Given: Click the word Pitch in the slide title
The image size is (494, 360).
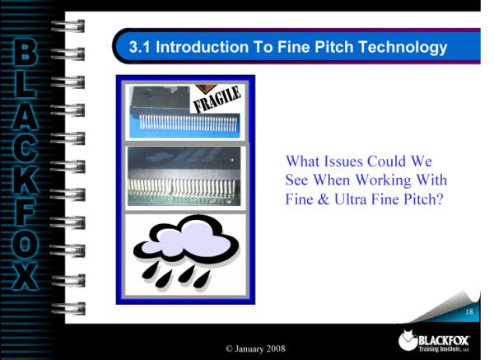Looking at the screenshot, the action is (334, 47).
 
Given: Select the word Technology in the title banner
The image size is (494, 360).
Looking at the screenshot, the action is (403, 48).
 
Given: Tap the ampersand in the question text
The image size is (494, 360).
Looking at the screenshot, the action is (324, 199).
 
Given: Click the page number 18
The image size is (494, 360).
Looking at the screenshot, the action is (469, 311).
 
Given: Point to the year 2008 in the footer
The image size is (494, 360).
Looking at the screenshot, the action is (276, 348).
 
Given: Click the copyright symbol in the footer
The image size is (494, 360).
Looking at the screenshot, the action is (229, 348).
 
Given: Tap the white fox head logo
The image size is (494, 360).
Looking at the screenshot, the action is (408, 340).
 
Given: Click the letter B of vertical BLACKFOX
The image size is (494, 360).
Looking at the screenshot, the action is (25, 52).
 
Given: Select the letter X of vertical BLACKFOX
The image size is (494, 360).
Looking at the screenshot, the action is (26, 277).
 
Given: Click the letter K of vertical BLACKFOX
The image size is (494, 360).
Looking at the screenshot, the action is (26, 180).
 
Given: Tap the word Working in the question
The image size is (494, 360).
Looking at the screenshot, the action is (383, 180).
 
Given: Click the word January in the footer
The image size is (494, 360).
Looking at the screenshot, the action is (249, 348).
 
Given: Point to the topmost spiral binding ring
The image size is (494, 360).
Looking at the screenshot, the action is (68, 26).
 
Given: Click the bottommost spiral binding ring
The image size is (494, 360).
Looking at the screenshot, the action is (68, 308).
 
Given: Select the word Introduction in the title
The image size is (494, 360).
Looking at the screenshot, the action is (202, 47).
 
